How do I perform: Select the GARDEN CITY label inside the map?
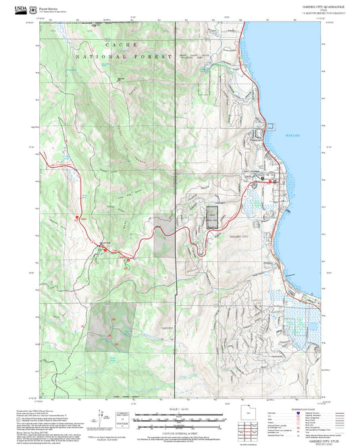pos(239,238)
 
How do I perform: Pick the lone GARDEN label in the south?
pos(167,327)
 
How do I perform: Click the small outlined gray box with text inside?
pos(213,218)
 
